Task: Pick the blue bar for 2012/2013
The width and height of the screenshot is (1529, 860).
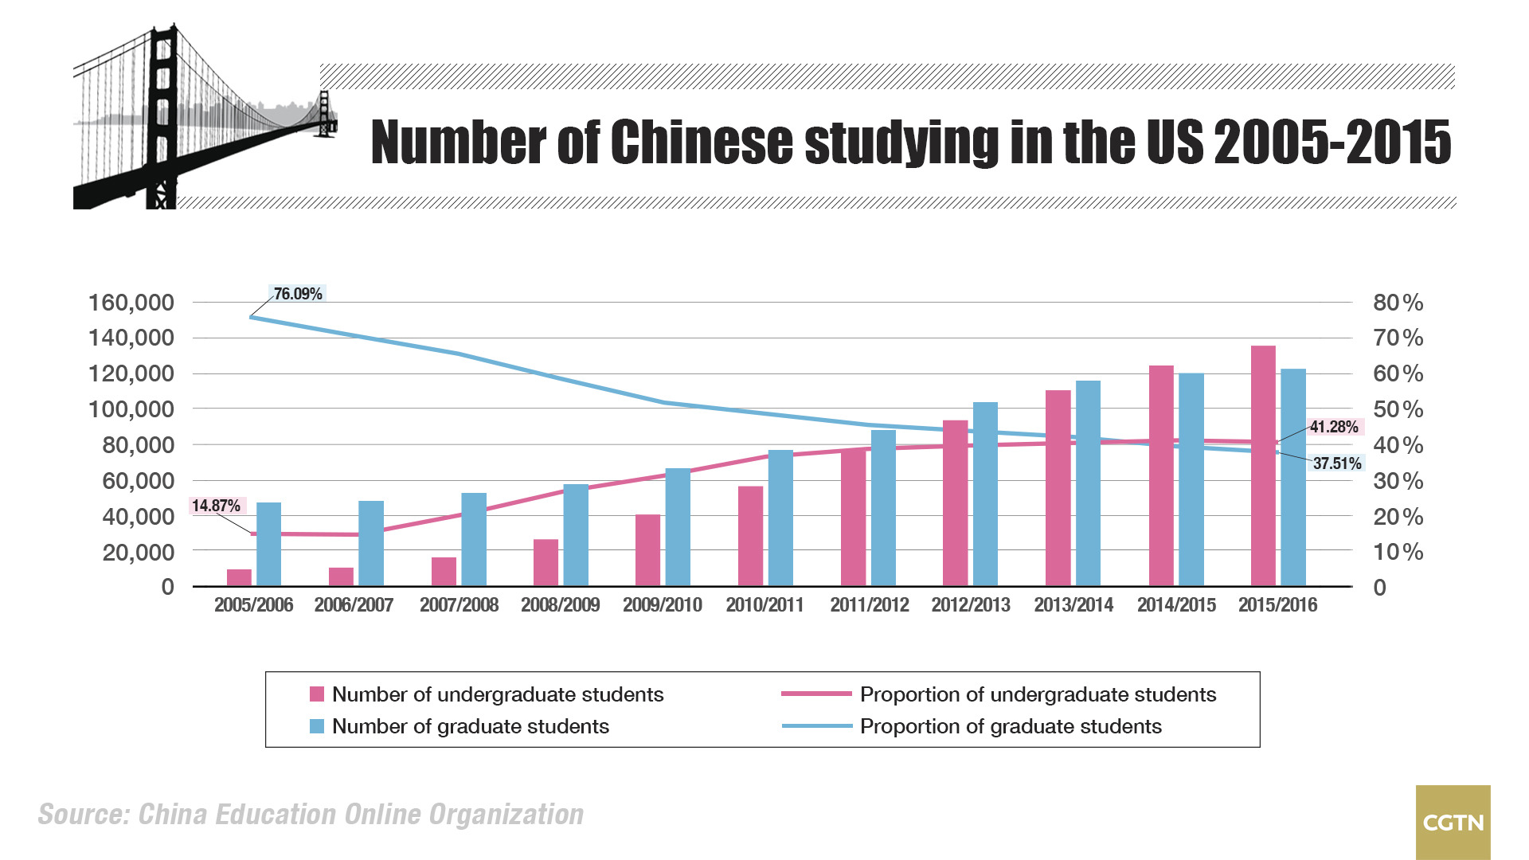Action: click(985, 494)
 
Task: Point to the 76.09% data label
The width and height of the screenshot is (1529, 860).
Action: click(298, 294)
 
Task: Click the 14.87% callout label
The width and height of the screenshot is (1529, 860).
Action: click(216, 506)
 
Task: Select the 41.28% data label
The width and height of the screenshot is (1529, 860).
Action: click(1334, 427)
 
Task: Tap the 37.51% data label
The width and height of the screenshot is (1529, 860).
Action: click(1337, 463)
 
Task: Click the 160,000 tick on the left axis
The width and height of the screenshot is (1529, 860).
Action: click(131, 303)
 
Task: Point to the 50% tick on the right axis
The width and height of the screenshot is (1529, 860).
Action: click(1398, 409)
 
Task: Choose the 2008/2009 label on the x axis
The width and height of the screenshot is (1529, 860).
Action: click(560, 605)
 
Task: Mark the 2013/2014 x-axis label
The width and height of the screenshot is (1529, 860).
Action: click(1073, 605)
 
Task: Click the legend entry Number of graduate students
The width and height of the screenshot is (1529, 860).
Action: click(470, 726)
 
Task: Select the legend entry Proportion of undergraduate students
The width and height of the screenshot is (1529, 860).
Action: click(1038, 694)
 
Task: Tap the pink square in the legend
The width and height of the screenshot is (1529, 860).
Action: click(317, 694)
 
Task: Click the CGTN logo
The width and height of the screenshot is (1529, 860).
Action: click(1453, 823)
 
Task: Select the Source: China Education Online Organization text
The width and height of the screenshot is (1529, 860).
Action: click(311, 815)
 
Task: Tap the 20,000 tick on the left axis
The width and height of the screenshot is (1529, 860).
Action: click(138, 552)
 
